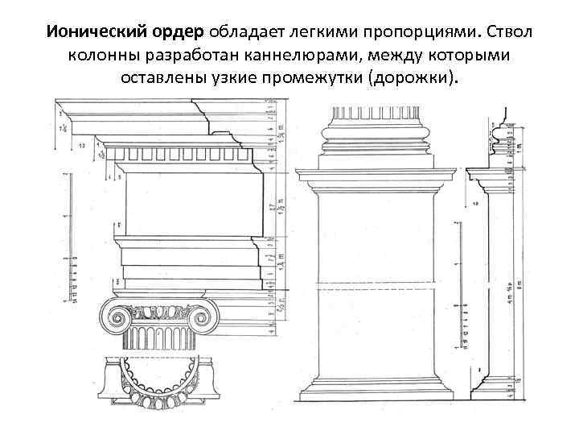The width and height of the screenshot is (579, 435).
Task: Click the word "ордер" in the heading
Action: [181, 32]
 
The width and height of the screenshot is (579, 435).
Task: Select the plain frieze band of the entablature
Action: [193, 201]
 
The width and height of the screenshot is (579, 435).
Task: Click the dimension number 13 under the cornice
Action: [82, 146]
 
